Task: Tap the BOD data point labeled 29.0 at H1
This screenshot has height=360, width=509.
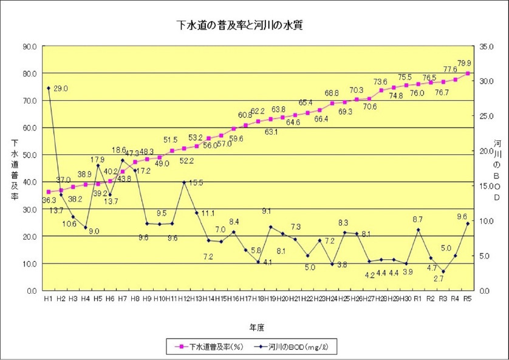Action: (x=49, y=88)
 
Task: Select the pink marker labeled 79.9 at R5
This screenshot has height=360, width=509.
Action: (x=468, y=73)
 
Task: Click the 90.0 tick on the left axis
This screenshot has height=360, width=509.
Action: (x=29, y=46)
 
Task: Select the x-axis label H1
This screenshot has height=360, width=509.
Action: (x=49, y=299)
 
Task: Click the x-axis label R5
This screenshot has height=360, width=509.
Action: (x=468, y=299)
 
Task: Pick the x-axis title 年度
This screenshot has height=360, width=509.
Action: (x=256, y=327)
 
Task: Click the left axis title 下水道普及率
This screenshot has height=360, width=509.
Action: (x=14, y=170)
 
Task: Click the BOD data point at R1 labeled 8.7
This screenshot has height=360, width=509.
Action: (x=418, y=229)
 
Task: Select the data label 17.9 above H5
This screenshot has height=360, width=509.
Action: (x=98, y=160)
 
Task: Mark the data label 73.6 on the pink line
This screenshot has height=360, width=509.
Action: (x=380, y=82)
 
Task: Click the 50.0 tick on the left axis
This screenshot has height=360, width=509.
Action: (x=29, y=155)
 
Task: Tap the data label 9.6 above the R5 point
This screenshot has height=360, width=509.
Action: (x=462, y=216)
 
